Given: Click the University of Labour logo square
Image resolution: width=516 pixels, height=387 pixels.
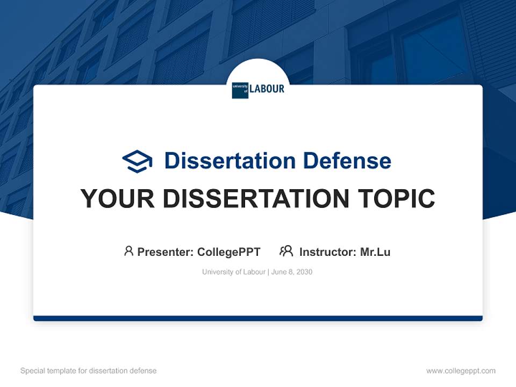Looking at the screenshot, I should click(240, 90).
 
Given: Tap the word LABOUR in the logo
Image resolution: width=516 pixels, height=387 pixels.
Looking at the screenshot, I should click(267, 89).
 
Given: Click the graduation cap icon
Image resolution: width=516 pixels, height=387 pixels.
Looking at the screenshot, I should click(137, 161).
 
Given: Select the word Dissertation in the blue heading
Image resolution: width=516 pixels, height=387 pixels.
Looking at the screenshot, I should click(230, 161).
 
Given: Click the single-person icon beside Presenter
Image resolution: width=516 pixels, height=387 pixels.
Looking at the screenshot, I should click(128, 251).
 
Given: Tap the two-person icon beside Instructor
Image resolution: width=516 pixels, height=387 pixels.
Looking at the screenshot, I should click(286, 251).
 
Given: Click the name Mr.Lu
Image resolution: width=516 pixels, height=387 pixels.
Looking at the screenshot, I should click(375, 252).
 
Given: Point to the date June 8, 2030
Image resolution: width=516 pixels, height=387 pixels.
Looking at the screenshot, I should click(292, 272).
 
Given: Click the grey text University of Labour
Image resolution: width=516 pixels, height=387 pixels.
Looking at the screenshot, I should click(234, 272).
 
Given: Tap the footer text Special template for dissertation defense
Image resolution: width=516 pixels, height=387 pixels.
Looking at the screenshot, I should click(89, 371).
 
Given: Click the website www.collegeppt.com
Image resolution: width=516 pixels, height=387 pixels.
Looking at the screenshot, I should click(461, 371).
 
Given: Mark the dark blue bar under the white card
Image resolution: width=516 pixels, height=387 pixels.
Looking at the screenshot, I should click(258, 318).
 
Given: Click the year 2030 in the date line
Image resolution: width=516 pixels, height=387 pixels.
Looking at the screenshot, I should click(304, 272).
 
